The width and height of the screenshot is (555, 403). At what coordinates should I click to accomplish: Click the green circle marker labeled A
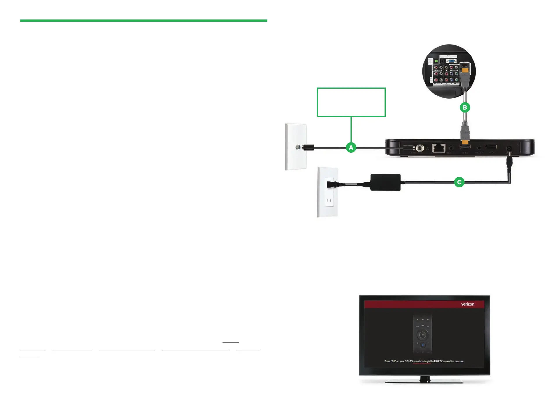pos(351,147)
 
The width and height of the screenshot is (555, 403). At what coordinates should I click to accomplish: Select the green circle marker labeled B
pos(465,108)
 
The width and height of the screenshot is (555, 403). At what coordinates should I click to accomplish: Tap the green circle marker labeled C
pos(459,182)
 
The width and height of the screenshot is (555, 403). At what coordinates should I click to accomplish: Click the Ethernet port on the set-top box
pos(438,148)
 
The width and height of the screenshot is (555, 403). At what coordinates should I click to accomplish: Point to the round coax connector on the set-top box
pos(419,148)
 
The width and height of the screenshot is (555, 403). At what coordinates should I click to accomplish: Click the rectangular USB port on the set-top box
pos(491,147)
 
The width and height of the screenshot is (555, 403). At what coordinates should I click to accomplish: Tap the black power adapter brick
pos(385,183)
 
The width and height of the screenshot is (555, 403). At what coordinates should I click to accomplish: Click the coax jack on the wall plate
pos(297,147)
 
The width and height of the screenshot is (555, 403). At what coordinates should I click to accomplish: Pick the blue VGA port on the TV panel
pos(451,61)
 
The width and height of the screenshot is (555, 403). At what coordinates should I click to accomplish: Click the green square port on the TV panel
pos(436,61)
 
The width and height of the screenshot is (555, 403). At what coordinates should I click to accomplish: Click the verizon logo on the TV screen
pos(467,304)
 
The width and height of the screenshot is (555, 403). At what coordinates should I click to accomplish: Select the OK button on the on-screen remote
pos(423,335)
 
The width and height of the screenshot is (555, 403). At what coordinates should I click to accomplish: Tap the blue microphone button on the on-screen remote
pos(423,345)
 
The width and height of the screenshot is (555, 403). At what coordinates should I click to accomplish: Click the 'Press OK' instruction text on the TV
pos(424,361)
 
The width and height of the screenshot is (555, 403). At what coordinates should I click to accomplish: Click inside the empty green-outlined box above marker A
pos(351,102)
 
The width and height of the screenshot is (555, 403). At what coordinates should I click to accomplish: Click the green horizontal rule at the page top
pos(143,21)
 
